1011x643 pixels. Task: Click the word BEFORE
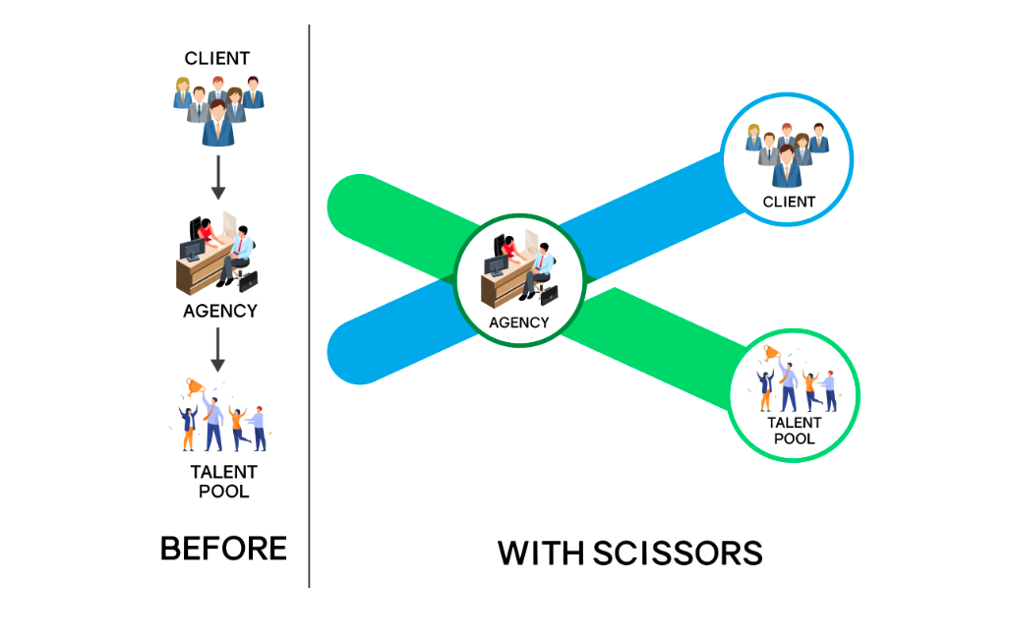pyautogui.click(x=223, y=548)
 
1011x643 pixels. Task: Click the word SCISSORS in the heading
pyautogui.click(x=678, y=553)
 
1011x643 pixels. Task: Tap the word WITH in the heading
pyautogui.click(x=540, y=553)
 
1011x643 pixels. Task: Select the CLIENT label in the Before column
pyautogui.click(x=217, y=59)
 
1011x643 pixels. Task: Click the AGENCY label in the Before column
pyautogui.click(x=220, y=311)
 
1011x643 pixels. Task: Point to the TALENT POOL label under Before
pyautogui.click(x=223, y=482)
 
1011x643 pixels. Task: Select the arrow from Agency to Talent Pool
pyautogui.click(x=218, y=350)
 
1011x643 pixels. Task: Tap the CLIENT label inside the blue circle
pyautogui.click(x=789, y=202)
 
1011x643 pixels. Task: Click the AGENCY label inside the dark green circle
pyautogui.click(x=519, y=321)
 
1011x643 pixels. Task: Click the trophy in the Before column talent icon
pyautogui.click(x=194, y=386)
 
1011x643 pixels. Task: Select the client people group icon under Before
pyautogui.click(x=218, y=107)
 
